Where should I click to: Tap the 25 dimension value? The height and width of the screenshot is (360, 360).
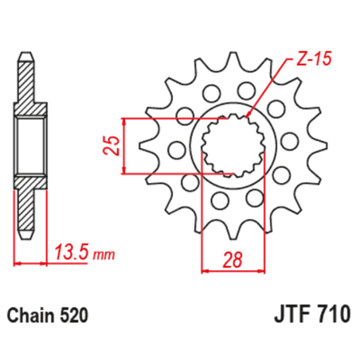tap(114, 145)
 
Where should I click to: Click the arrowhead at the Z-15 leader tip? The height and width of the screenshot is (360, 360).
tap(252, 115)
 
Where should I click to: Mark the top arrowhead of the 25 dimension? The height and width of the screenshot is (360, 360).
tap(127, 122)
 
